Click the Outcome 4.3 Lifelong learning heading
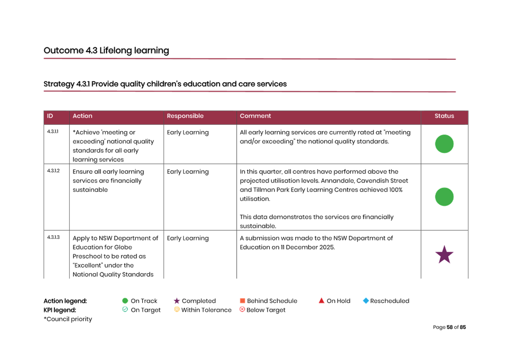[106, 51]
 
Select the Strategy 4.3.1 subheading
[165, 84]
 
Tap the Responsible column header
[185, 116]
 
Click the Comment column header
[255, 116]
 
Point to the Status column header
[444, 116]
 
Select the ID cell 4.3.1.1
[53, 132]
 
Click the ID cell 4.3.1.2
[53, 171]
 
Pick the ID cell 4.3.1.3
[53, 237]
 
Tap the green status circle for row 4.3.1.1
[444, 144]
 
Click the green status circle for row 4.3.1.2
[444, 197]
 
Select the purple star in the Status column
[444, 255]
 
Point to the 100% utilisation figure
[395, 190]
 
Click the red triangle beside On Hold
[321, 301]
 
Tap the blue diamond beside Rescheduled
[366, 301]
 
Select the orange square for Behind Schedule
[242, 301]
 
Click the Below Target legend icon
[242, 310]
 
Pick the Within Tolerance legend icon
[176, 310]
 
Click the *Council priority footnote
[68, 319]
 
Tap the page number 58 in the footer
[450, 327]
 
